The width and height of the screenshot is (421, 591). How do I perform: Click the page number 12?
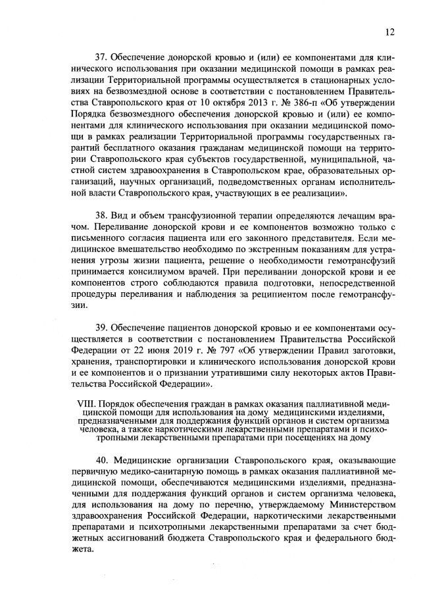(x=389, y=31)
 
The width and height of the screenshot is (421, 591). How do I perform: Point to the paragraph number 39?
(x=102, y=327)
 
